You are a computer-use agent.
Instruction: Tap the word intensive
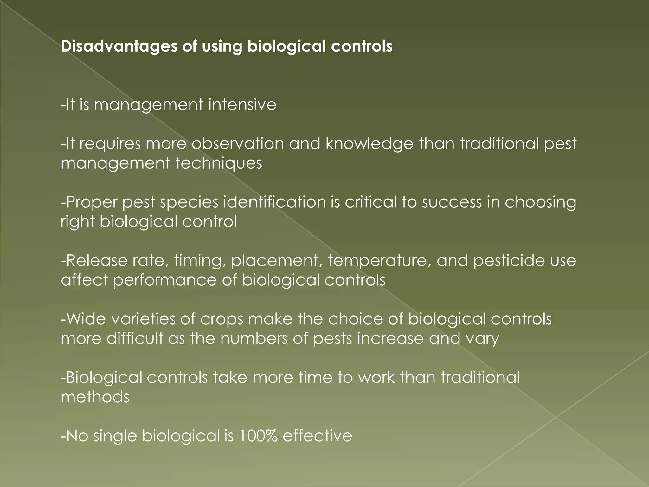242,105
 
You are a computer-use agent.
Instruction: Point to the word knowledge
369,144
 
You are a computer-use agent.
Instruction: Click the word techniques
219,164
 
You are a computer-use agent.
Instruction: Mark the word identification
274,202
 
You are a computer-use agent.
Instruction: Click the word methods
95,397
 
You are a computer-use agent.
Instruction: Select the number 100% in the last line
258,436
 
